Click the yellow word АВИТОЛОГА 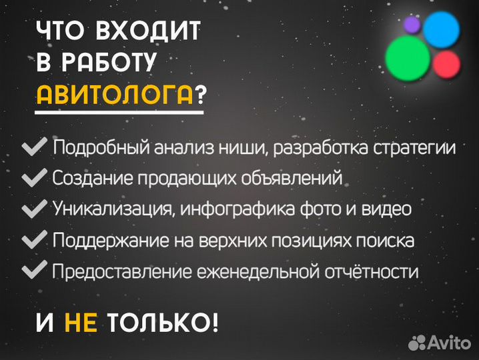click(x=114, y=95)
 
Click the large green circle click(x=408, y=56)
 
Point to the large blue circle click(x=442, y=30)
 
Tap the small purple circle click(x=412, y=25)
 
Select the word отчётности click(x=372, y=271)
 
